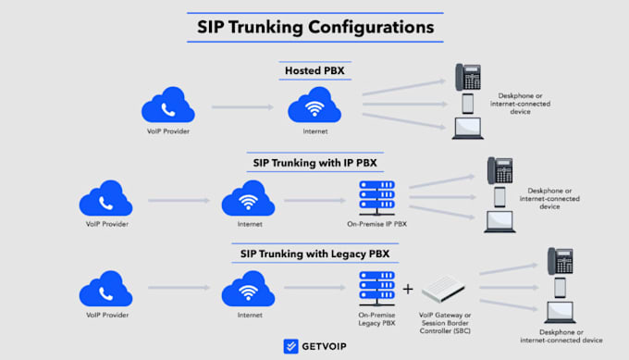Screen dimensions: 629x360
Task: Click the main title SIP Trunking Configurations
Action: [315, 27]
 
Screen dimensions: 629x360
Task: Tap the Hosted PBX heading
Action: [314, 70]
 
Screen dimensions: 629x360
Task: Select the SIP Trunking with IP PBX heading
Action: [314, 163]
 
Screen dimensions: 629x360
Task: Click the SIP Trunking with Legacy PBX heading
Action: [314, 254]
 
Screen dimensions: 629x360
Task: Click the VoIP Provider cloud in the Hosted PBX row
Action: [168, 105]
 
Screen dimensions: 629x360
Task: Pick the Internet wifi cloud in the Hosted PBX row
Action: [314, 105]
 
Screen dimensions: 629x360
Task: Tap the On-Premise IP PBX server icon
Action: [377, 198]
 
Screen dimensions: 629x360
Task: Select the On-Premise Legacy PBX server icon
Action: [377, 289]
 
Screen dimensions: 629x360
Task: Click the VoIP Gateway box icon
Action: [443, 289]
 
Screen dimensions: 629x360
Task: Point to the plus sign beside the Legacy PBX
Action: [408, 289]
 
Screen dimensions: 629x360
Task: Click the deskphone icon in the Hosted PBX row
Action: [468, 77]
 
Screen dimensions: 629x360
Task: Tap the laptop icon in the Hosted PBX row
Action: [468, 129]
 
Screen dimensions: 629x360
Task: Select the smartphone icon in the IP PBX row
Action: [499, 197]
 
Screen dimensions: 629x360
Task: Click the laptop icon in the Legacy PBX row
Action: [560, 312]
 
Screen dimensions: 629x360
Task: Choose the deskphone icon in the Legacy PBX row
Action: [561, 261]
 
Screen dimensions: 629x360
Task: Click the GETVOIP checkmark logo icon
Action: [290, 346]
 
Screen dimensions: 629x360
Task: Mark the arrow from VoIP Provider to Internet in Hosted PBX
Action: [242, 107]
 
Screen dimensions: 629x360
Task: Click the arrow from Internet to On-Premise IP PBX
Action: [314, 200]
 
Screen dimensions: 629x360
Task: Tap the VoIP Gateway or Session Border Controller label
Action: [445, 323]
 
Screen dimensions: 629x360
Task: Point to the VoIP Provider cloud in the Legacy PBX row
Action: [105, 289]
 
